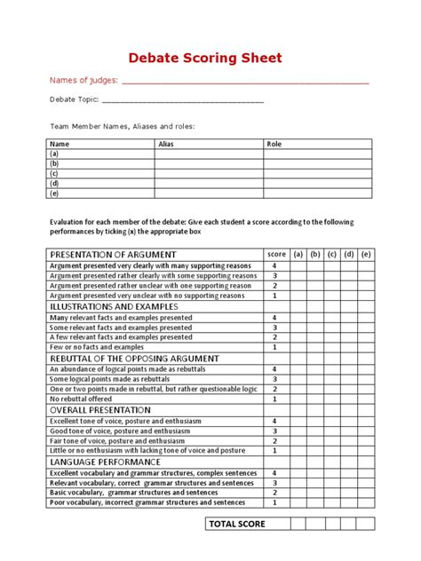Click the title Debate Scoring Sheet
click(x=205, y=58)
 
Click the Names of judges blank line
click(x=244, y=82)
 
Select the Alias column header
click(x=166, y=143)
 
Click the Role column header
click(x=274, y=143)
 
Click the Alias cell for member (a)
click(x=209, y=154)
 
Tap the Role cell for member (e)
click(x=316, y=193)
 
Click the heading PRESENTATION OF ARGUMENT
click(x=113, y=254)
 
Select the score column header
click(x=275, y=254)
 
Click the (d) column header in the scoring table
click(x=349, y=254)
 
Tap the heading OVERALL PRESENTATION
click(x=99, y=410)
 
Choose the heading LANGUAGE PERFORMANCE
click(x=105, y=462)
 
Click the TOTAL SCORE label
click(x=236, y=524)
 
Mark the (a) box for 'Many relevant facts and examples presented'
click(x=298, y=317)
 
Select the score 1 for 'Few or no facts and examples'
click(x=275, y=347)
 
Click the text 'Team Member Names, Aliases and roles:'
click(x=122, y=126)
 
